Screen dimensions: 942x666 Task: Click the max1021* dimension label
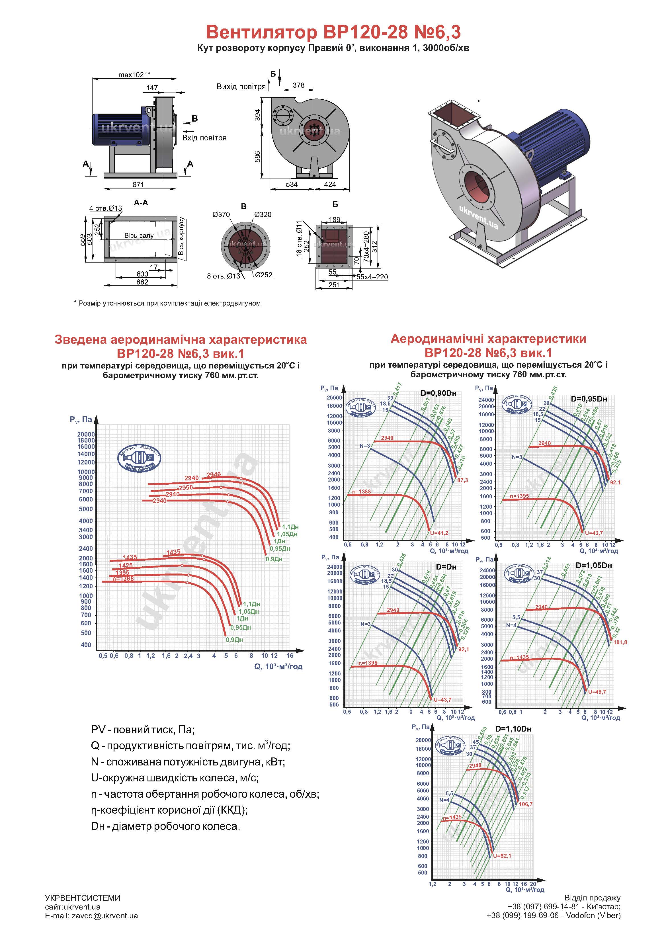click(x=134, y=75)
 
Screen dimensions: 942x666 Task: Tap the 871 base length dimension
click(x=138, y=185)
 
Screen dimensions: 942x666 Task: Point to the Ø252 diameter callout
click(x=263, y=275)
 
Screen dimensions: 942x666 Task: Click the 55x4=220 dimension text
click(x=372, y=277)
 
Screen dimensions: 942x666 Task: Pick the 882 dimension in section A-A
click(x=142, y=282)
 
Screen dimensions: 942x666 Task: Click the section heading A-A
click(x=141, y=203)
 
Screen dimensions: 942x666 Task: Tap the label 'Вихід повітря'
click(x=241, y=87)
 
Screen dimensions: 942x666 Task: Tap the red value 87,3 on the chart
click(x=462, y=480)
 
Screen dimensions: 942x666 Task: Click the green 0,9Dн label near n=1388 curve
click(x=234, y=639)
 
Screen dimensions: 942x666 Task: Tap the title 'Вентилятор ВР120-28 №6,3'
click(x=333, y=32)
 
